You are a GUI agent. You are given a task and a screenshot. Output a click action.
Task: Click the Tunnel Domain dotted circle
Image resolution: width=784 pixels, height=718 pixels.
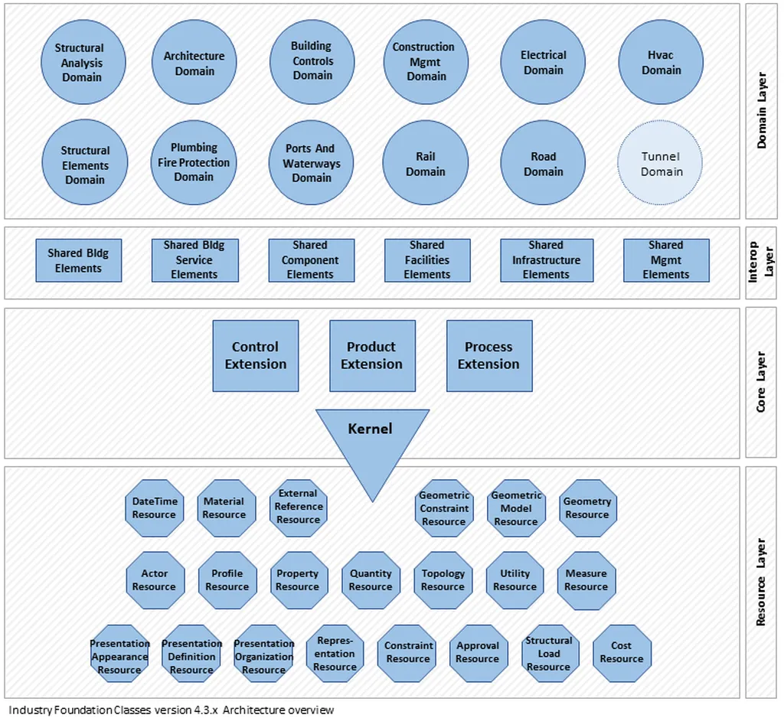point(660,162)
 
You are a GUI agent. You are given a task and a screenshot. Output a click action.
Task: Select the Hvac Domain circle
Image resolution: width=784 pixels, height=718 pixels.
point(661,62)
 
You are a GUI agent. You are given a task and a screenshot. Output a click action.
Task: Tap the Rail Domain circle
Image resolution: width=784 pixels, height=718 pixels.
point(426,162)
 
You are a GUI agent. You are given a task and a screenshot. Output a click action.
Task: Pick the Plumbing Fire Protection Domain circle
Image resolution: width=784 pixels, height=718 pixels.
point(194,162)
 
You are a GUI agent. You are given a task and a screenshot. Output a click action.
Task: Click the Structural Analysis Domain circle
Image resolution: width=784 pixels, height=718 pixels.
point(83,62)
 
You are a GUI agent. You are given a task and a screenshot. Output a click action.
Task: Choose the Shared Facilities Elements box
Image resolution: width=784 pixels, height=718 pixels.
point(427,260)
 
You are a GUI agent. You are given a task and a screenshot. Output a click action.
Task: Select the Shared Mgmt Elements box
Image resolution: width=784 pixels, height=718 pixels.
point(666,260)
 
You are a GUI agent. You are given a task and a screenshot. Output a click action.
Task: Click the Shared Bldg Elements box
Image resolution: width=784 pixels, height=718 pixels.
point(79,260)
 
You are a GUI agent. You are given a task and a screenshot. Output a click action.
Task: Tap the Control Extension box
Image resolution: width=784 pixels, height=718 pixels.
point(256,355)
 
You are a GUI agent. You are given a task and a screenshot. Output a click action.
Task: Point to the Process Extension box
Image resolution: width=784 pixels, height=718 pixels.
point(489,355)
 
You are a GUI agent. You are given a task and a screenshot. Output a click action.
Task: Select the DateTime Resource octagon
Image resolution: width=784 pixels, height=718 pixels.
point(155,508)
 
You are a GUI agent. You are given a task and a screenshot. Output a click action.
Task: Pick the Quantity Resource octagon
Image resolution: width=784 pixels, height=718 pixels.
point(371,580)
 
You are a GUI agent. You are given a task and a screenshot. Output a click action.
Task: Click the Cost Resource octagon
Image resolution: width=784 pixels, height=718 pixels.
point(622,653)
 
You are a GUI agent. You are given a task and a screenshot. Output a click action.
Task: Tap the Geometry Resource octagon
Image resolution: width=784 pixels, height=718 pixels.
point(587,508)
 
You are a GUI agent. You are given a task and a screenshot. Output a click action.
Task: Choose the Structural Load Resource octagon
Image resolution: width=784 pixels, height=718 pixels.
point(549,653)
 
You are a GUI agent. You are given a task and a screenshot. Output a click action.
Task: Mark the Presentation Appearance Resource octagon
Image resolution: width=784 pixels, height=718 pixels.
point(119,653)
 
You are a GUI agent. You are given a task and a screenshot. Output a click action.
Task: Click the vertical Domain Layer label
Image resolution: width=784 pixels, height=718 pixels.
point(762,110)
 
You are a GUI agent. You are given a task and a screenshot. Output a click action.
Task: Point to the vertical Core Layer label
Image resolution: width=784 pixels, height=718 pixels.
point(761,382)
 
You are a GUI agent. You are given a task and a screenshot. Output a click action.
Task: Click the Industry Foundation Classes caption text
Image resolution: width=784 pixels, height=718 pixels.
point(171,710)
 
